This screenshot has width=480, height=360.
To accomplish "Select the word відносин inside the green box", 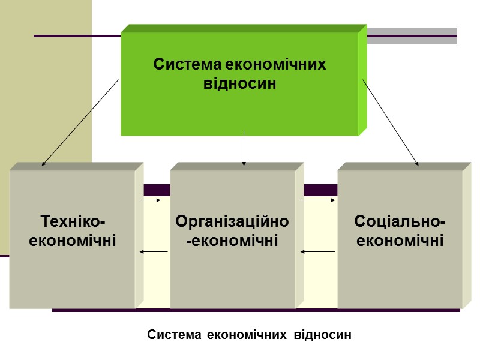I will (240, 83).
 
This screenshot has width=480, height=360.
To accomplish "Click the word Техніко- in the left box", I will (73, 222).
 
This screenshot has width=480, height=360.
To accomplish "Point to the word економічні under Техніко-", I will (73, 241).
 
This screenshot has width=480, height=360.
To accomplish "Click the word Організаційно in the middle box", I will (232, 222).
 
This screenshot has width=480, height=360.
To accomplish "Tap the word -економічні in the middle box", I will (232, 241).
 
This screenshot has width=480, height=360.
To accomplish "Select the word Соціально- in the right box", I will (400, 222).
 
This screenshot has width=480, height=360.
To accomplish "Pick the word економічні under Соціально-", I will (400, 241).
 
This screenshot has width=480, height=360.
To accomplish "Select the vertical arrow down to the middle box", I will (244, 148).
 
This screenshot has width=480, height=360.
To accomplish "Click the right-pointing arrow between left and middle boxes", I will (150, 200).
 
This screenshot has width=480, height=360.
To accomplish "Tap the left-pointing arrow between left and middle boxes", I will (153, 252).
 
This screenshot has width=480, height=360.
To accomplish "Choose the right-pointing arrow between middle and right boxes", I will (317, 200).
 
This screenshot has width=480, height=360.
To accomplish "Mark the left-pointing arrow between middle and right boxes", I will (317, 252).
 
